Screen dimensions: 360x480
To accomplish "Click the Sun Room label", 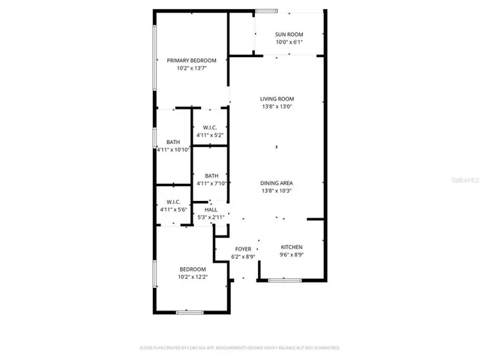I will pyautogui.click(x=289, y=34).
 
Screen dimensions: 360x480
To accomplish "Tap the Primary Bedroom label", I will pyautogui.click(x=191, y=61).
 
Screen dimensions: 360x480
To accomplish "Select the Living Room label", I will pyautogui.click(x=277, y=99).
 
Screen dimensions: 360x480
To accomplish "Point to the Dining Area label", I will pyautogui.click(x=277, y=184).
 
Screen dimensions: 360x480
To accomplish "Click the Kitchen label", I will pyautogui.click(x=291, y=247).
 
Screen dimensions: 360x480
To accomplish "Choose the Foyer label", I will pyautogui.click(x=243, y=249).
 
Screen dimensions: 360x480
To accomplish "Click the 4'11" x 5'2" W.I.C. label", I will pyautogui.click(x=210, y=127).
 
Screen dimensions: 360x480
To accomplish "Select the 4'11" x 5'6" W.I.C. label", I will pyautogui.click(x=173, y=202).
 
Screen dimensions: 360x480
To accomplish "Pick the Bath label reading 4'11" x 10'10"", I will pyautogui.click(x=173, y=142).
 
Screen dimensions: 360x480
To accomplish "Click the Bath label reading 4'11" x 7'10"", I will pyautogui.click(x=211, y=176).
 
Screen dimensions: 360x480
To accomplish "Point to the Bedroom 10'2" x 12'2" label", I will pyautogui.click(x=193, y=269).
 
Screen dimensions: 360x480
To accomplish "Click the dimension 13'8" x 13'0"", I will pyautogui.click(x=277, y=106).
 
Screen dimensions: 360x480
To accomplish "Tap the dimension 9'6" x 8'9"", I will pyautogui.click(x=291, y=255).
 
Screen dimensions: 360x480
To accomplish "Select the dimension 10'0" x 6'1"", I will pyautogui.click(x=289, y=42).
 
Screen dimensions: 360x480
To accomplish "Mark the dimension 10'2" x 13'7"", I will pyautogui.click(x=191, y=68).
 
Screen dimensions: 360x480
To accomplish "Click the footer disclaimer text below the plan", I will pyautogui.click(x=240, y=348).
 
